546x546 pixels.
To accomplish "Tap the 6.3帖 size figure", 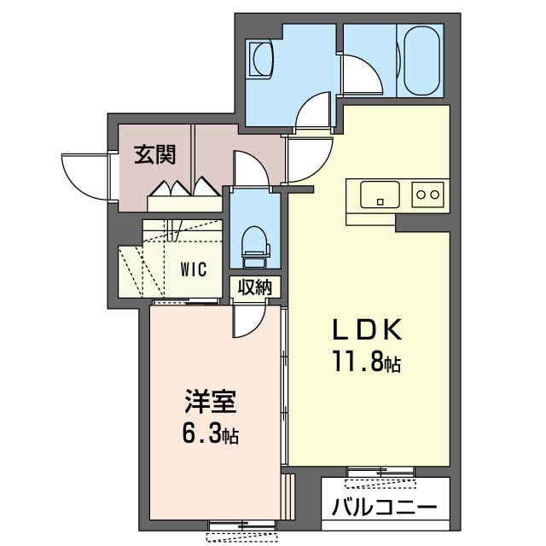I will pos(208,435).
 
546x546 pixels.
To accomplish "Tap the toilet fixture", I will pos(254,241).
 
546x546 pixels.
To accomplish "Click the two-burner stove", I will pos(427,195).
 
